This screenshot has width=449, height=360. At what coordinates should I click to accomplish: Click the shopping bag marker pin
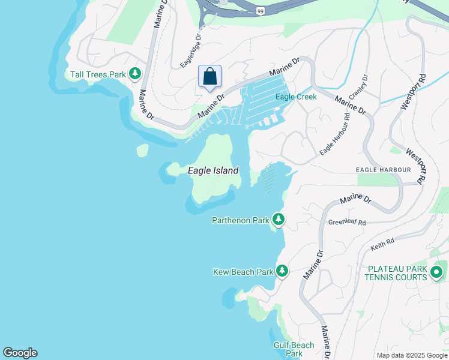209,77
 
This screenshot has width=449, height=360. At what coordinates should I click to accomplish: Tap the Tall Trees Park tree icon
136,74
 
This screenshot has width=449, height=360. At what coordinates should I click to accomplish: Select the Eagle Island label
213,170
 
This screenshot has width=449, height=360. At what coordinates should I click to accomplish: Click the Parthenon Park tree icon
278,220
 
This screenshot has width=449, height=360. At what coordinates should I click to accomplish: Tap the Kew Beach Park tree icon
282,271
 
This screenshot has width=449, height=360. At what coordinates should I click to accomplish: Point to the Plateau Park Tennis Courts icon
436,274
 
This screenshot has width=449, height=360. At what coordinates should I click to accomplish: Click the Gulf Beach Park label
294,349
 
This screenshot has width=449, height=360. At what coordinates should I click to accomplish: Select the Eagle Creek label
296,97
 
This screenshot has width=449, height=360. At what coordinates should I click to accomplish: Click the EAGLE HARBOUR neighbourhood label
384,170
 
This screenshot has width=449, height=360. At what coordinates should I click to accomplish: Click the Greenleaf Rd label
347,222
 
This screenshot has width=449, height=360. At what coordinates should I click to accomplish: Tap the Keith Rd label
382,242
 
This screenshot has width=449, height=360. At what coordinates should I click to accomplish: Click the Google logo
20,353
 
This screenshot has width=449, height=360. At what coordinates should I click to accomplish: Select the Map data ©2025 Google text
412,355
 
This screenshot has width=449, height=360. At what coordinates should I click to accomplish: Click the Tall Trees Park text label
97,74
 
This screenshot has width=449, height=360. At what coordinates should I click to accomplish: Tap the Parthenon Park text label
241,220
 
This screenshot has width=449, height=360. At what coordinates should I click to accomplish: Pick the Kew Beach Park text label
243,272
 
